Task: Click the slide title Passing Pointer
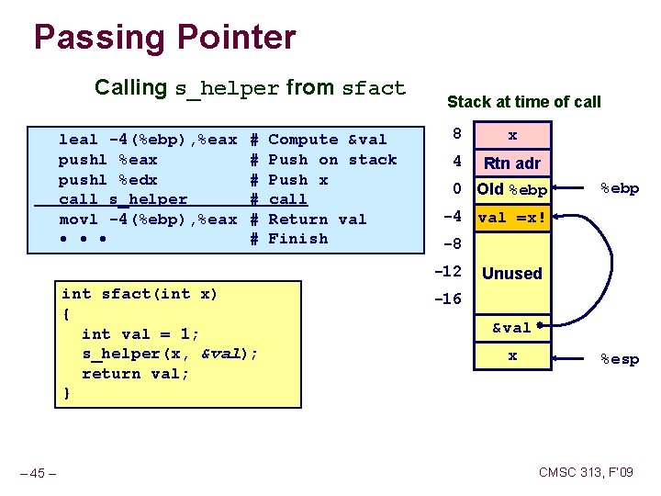click(164, 38)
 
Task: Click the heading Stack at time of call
click(523, 102)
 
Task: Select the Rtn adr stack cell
click(512, 163)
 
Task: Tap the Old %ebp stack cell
click(512, 190)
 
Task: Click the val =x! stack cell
click(512, 218)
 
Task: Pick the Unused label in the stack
click(512, 274)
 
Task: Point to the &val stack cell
click(511, 328)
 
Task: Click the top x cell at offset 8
click(512, 135)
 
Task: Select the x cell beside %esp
click(512, 355)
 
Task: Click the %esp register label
click(619, 359)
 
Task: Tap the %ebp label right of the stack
click(619, 188)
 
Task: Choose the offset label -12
click(448, 272)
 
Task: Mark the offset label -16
click(448, 299)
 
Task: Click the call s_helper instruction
click(123, 199)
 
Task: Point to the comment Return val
click(317, 220)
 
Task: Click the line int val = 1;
click(140, 334)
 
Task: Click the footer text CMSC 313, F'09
click(586, 473)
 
